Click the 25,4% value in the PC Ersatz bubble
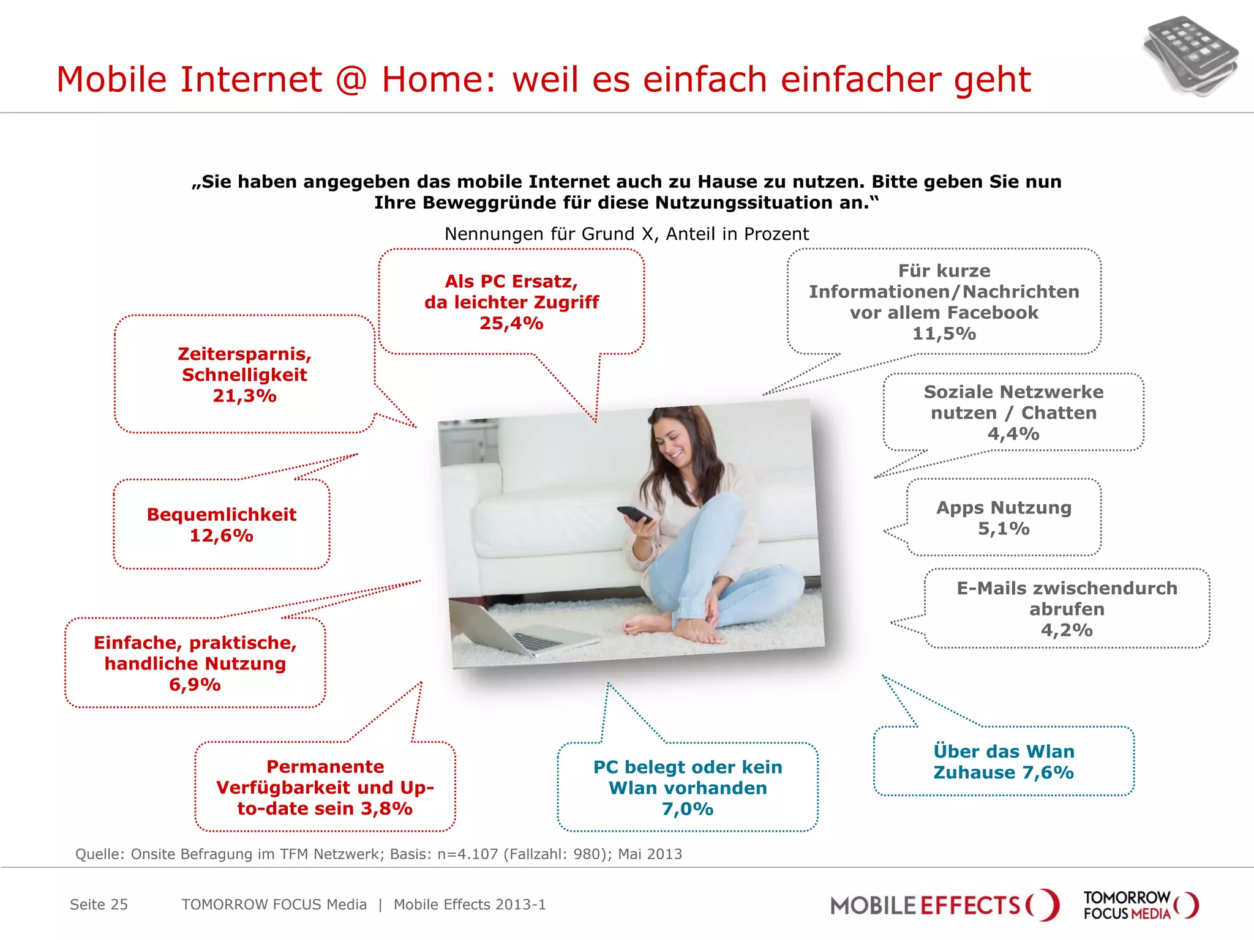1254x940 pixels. coord(511,323)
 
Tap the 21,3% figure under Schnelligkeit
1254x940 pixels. coord(244,396)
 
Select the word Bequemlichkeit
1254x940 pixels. coord(221,515)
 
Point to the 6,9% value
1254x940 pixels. coord(195,685)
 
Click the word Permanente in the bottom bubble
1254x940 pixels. coord(325,767)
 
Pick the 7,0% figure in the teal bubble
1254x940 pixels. coord(688,809)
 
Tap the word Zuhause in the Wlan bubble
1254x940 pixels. coord(974,772)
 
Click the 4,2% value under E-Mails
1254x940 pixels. coord(1067,630)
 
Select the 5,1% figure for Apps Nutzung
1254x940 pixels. coord(1004,529)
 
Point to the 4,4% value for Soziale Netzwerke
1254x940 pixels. coord(1013,434)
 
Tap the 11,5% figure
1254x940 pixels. coord(944,334)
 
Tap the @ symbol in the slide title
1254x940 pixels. coord(351,80)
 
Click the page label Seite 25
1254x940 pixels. coord(99,905)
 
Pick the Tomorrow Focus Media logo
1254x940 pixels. coord(1140,905)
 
